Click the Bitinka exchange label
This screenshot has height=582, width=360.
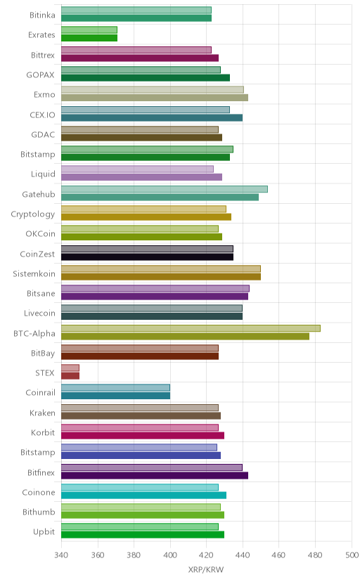(42, 15)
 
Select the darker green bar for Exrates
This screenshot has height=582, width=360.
(89, 38)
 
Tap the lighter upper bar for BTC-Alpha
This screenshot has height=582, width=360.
(191, 328)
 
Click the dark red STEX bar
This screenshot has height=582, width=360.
(70, 376)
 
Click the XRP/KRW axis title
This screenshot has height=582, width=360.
(206, 570)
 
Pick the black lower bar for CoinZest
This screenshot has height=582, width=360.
(148, 257)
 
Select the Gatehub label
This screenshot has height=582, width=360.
(39, 194)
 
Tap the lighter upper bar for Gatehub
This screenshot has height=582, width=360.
(165, 189)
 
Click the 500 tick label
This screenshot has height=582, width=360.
(352, 555)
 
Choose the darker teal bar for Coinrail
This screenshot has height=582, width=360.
(115, 396)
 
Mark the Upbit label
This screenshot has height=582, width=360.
(44, 532)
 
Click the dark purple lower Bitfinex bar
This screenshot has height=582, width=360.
(155, 475)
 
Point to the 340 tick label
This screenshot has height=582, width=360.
(61, 555)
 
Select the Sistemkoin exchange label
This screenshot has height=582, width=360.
(34, 274)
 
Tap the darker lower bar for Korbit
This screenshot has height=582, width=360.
(143, 435)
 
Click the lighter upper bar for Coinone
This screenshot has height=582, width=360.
(140, 487)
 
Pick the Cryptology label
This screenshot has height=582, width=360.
(32, 214)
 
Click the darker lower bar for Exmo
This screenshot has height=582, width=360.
(155, 98)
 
